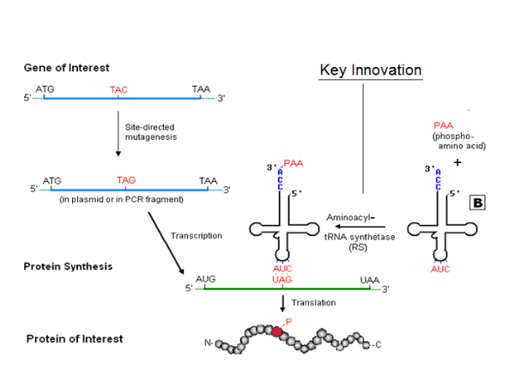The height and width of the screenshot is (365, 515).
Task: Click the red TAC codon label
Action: click(118, 88)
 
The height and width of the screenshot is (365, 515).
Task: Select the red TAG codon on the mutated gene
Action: click(126, 179)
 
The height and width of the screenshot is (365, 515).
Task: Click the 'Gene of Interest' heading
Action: click(67, 67)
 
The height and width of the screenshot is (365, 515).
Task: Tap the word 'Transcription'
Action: click(196, 235)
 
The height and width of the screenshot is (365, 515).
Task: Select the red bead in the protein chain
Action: click(277, 332)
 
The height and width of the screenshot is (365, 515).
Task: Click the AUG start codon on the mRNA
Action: click(206, 280)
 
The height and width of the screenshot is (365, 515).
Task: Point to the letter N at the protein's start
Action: click(208, 344)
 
